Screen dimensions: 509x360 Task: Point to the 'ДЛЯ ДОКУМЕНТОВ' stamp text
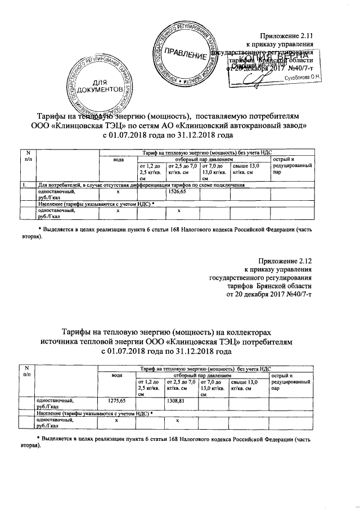100,86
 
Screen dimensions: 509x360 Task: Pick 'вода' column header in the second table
117,375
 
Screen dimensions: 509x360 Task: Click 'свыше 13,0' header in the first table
245,166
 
